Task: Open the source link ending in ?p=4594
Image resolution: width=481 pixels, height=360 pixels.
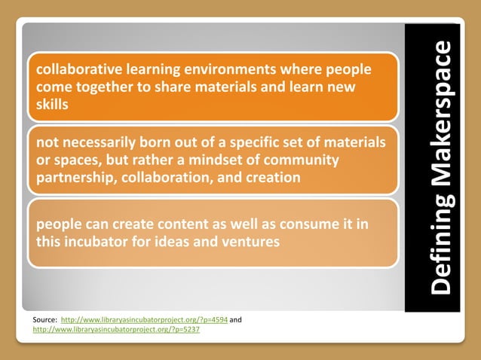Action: [x=143, y=320]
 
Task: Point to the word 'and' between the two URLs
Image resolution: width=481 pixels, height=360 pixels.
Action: [x=235, y=320]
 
